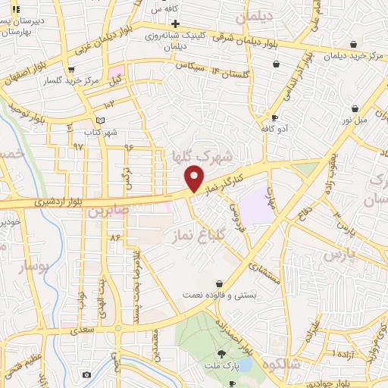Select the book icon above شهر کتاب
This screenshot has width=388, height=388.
pos(101,120)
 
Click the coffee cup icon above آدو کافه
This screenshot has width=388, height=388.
pos(274,118)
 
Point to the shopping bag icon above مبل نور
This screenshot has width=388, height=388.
pos(354,108)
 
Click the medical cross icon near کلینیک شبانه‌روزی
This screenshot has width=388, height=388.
pos(175,23)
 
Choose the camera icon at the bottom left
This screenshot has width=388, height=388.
pos(86,375)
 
